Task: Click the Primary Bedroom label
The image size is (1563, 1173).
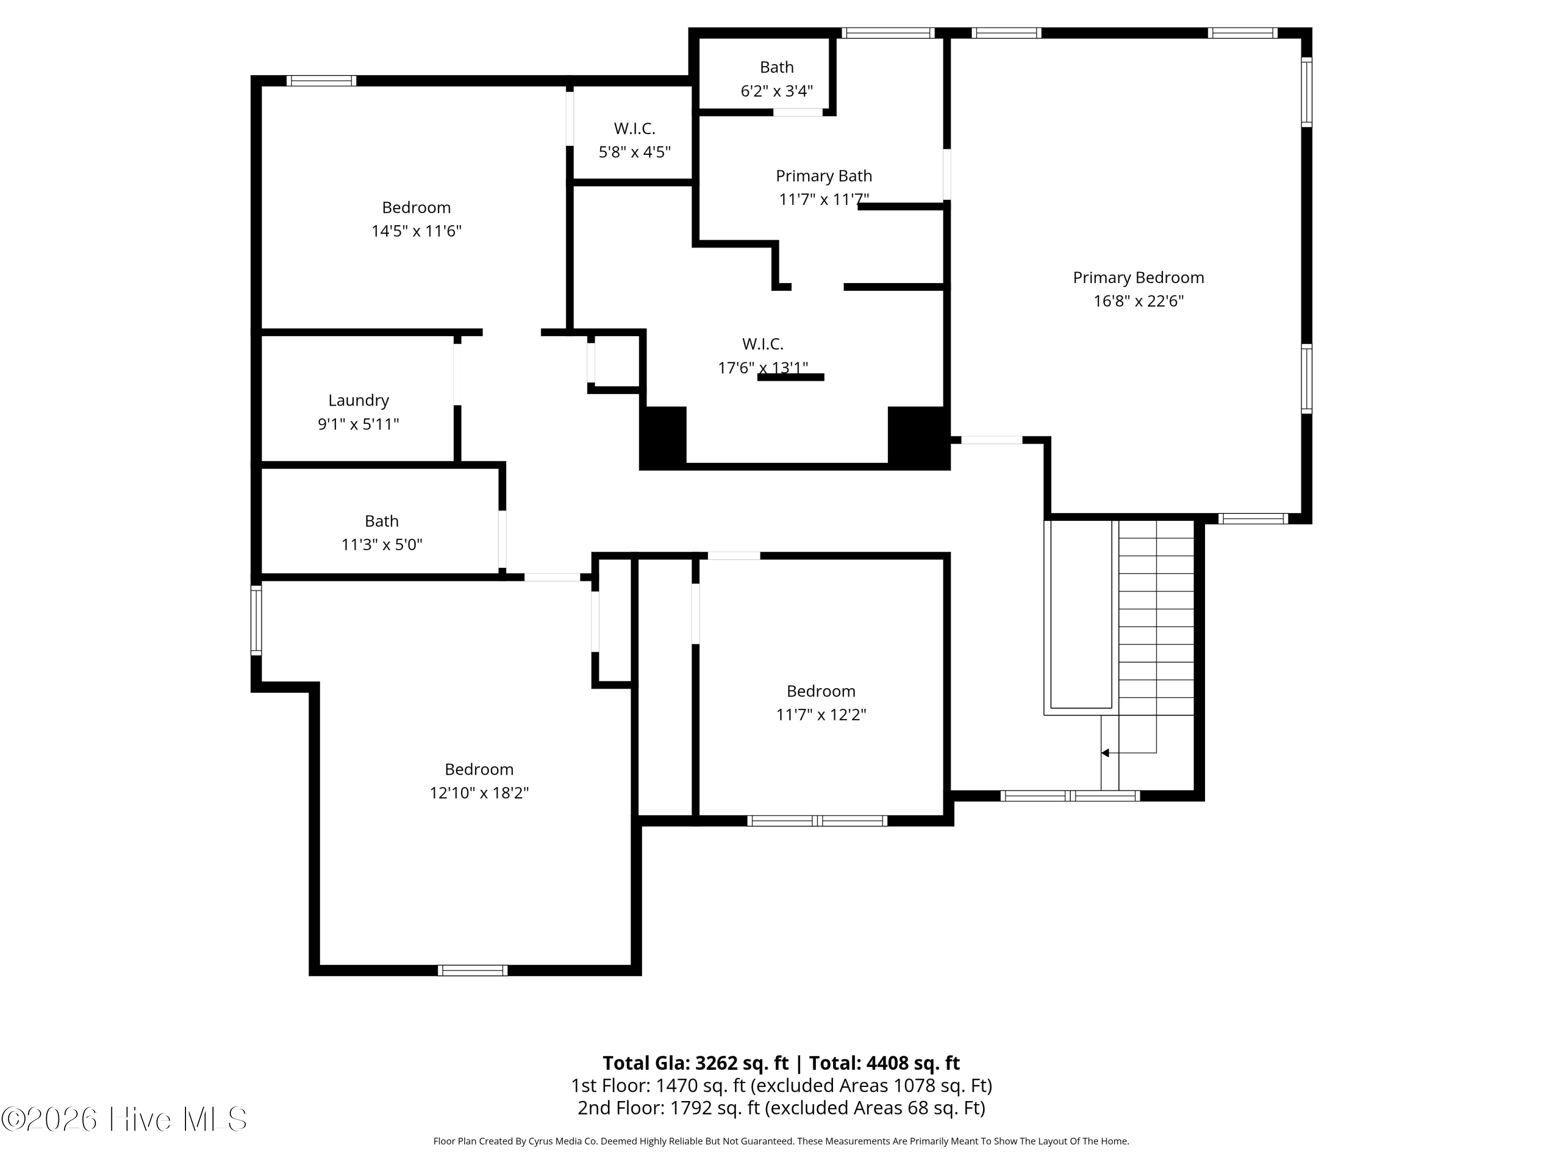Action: (x=1138, y=277)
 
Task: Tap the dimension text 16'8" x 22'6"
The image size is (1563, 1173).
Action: (x=1138, y=301)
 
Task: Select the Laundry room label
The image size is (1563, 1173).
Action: (x=358, y=400)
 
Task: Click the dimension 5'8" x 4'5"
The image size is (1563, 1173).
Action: (x=634, y=152)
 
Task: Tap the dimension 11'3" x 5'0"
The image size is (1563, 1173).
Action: (x=381, y=544)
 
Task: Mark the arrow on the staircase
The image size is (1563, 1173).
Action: (x=1105, y=753)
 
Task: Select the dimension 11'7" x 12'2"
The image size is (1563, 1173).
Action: (x=821, y=714)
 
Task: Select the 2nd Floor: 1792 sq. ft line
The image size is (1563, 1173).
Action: (x=781, y=1107)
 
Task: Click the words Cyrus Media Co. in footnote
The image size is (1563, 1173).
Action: (x=563, y=1141)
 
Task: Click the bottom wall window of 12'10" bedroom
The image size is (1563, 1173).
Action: (x=472, y=970)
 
